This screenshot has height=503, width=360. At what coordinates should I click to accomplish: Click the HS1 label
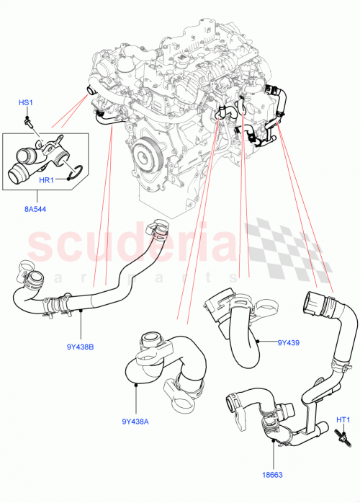pos(25,104)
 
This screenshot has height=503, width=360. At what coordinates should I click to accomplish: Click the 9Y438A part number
pos(136,422)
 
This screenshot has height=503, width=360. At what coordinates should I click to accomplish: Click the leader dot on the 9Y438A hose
pos(136,387)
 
